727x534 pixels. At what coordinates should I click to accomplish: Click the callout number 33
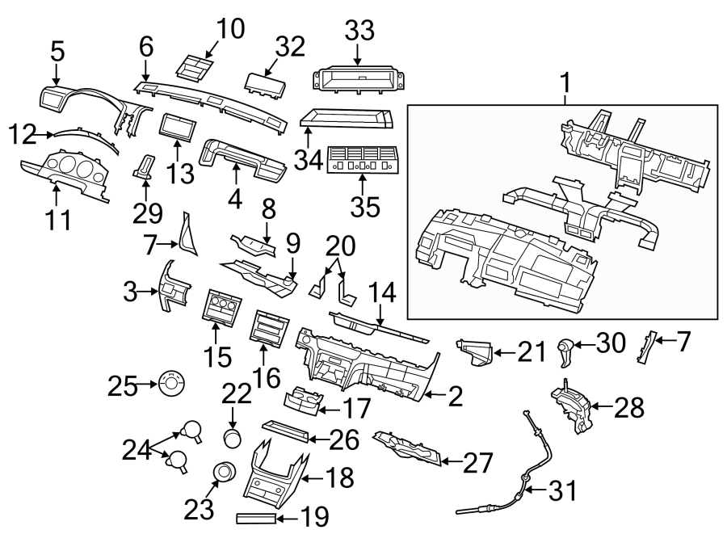[x=359, y=33]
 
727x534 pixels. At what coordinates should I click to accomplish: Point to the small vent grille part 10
[x=195, y=69]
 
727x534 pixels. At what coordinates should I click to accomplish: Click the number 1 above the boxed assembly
[x=565, y=82]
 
